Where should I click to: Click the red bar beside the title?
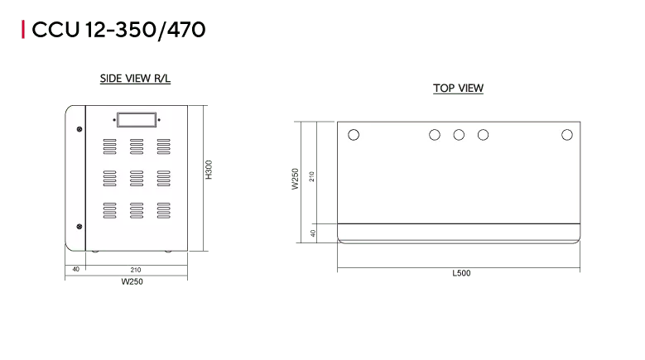click(x=22, y=30)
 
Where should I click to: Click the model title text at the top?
click(x=116, y=30)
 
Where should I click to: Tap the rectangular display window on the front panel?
click(x=136, y=119)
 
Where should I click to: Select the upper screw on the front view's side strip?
click(x=79, y=128)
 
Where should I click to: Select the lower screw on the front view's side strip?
click(x=79, y=226)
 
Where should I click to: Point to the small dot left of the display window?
click(x=113, y=120)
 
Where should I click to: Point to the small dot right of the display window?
click(x=159, y=120)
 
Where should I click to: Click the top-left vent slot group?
click(x=111, y=146)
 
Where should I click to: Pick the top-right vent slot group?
click(x=163, y=146)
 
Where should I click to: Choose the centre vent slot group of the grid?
click(x=137, y=178)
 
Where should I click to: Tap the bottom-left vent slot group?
click(x=111, y=209)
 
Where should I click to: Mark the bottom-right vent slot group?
click(x=163, y=209)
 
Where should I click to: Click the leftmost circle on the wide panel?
click(x=354, y=135)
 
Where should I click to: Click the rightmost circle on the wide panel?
click(x=567, y=135)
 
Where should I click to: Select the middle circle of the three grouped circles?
click(x=459, y=135)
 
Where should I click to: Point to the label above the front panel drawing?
click(x=135, y=79)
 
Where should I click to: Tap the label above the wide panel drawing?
click(x=457, y=89)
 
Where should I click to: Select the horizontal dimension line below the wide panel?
click(x=457, y=269)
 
